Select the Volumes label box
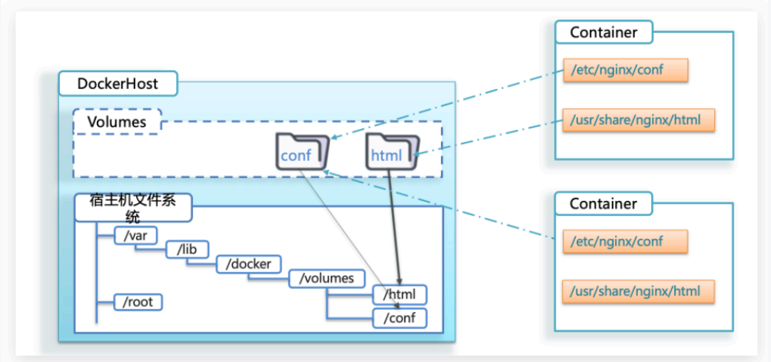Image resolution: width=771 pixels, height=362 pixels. tap(117, 122)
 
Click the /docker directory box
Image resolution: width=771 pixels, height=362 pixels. tap(249, 264)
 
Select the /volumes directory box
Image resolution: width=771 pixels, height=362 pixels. tap(327, 279)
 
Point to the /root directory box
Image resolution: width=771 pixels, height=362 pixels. tap(138, 301)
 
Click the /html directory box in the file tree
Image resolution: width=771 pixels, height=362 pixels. tap(400, 294)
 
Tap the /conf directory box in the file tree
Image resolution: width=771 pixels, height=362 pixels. tap(400, 318)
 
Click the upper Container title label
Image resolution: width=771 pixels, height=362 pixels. tap(603, 32)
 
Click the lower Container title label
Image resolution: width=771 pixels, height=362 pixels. tap(603, 204)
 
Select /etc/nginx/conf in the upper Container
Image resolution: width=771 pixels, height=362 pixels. tap(625, 70)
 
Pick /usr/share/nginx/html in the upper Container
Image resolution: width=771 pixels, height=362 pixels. tap(638, 120)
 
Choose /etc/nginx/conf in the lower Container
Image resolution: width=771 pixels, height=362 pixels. tap(625, 242)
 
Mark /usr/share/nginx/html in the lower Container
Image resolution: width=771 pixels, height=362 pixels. tap(638, 291)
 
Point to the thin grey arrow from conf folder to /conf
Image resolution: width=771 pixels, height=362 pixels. tap(349, 235)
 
